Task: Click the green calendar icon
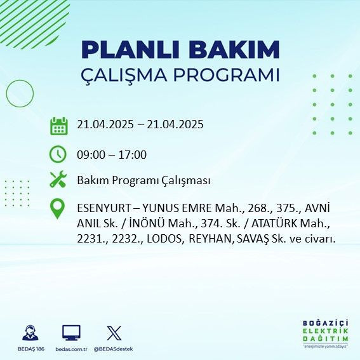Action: pos(58,126)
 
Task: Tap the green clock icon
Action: pos(58,154)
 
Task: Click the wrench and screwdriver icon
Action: pos(58,180)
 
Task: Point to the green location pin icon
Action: pos(58,209)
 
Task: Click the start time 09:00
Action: pos(91,154)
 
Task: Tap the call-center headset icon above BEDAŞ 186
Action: pos(30,333)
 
